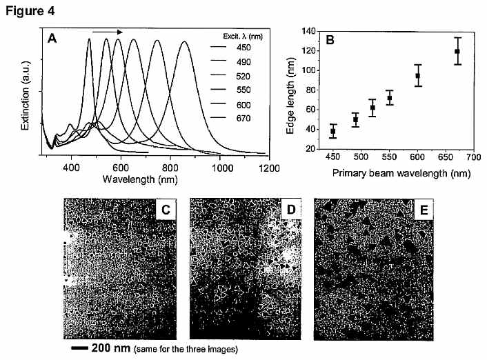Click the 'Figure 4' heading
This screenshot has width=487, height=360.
[30, 11]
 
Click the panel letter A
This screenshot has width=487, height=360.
[52, 39]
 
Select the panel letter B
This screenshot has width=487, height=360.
[330, 40]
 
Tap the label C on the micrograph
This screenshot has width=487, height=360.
[166, 210]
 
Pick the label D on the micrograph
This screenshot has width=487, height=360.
[291, 210]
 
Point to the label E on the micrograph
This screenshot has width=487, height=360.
[424, 210]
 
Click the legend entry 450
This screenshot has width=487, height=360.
[243, 48]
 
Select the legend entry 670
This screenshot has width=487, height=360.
[243, 119]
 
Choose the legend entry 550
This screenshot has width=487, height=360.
[243, 90]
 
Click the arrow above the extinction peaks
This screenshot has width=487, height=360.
[108, 32]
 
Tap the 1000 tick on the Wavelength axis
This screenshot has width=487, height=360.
[222, 168]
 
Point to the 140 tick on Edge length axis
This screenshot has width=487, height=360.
[308, 31]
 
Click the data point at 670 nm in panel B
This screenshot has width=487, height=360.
[457, 51]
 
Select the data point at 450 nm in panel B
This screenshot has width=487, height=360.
[333, 132]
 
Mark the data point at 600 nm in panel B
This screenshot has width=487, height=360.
[418, 75]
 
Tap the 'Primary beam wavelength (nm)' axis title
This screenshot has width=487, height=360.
[401, 173]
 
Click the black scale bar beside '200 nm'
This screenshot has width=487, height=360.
[80, 348]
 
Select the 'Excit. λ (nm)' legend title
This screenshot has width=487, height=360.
[243, 37]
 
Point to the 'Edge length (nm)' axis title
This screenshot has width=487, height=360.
[290, 96]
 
